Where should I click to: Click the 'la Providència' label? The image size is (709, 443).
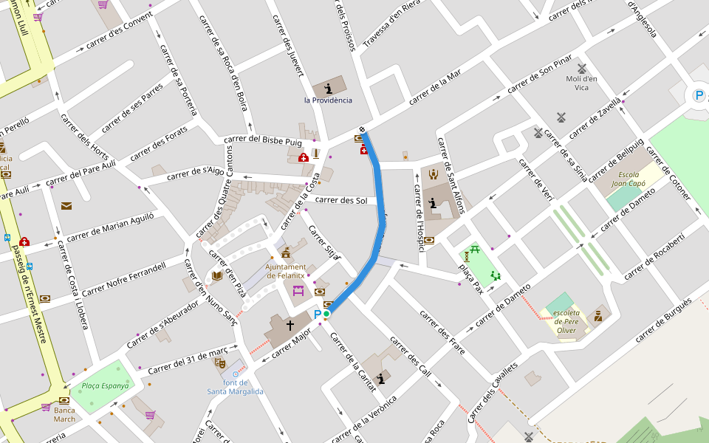click(328, 100)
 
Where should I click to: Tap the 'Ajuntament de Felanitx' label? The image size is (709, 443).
click(286, 271)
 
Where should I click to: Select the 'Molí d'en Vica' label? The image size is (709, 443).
click(581, 83)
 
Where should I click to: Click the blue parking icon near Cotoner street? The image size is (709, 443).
click(699, 95)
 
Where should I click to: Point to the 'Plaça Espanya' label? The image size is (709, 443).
click(105, 385)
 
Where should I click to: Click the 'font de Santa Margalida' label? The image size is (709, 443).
click(235, 387)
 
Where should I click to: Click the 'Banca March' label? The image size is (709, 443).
click(64, 414)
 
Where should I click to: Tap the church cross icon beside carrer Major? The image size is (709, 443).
click(290, 325)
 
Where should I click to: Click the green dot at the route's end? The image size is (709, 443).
click(326, 315)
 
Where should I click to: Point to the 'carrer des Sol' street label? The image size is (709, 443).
click(341, 200)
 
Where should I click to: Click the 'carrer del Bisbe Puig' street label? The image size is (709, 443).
click(263, 140)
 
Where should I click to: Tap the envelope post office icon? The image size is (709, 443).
click(66, 206)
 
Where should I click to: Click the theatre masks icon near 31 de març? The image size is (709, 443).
click(219, 363)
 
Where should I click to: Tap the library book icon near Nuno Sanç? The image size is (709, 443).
click(216, 276)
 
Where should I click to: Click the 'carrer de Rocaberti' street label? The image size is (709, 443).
click(654, 256)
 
